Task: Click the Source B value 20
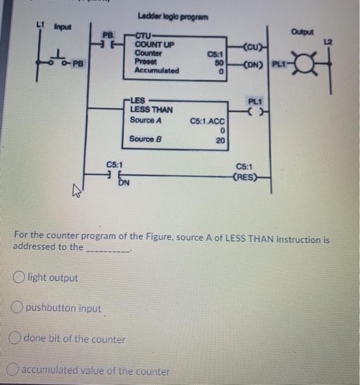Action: (220, 140)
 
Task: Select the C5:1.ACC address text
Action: (208, 120)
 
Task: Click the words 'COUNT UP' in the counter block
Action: (154, 45)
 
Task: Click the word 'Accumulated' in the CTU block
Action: (157, 70)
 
